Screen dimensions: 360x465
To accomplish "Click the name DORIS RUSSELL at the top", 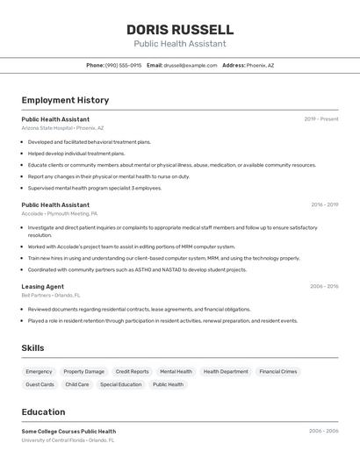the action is tap(180, 30).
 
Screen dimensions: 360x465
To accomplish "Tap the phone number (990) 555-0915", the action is tap(123, 65).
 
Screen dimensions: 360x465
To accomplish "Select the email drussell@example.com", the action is tap(191, 65).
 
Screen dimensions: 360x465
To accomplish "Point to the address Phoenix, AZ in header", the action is tap(260, 65).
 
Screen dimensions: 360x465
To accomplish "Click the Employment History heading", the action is tap(65, 100).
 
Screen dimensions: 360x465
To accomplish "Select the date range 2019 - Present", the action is tap(321, 119).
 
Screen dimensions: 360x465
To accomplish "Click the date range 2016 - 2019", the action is tap(324, 205).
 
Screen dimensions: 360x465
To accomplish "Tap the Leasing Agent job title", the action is tap(43, 286).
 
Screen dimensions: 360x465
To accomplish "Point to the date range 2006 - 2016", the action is tap(324, 286).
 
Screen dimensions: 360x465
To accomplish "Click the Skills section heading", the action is tap(33, 348).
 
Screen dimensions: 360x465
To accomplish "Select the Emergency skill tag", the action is tap(39, 371).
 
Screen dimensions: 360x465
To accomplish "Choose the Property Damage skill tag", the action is tap(83, 371).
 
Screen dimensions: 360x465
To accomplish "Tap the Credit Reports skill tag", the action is tap(132, 371).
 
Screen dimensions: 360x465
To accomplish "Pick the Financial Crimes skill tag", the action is tap(277, 371).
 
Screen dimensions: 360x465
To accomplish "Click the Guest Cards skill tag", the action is tap(40, 384).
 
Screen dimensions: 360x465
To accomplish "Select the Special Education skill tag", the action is tap(120, 384).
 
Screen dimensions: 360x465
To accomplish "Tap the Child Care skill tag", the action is tap(76, 384).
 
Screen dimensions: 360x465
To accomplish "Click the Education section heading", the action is tap(43, 411).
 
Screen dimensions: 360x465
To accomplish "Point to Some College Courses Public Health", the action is tap(68, 432).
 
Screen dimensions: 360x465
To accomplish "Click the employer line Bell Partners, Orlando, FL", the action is tap(51, 295).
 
